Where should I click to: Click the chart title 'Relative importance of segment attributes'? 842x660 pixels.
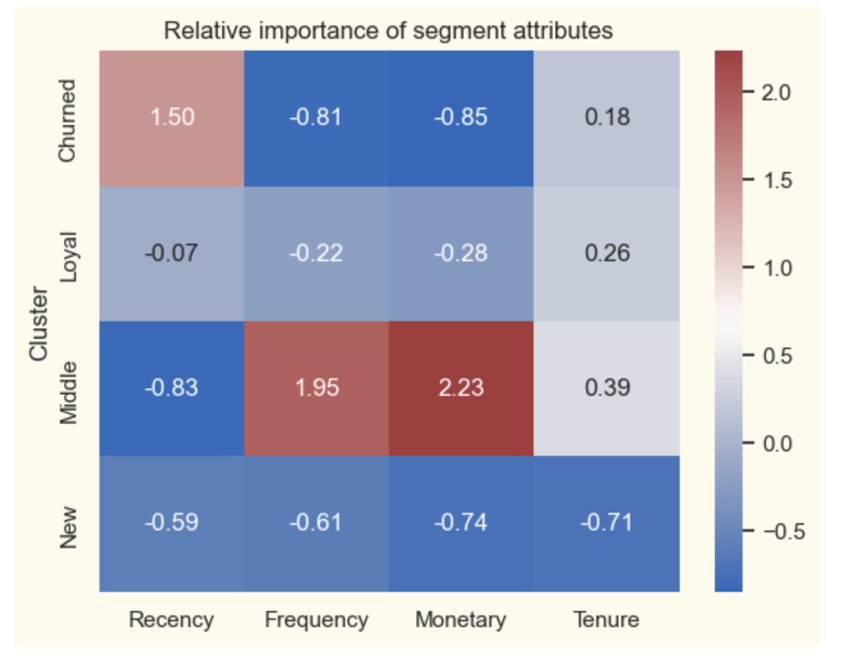tap(388, 31)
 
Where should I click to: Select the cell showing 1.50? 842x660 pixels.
tap(172, 117)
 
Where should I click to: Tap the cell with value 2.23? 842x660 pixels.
tap(461, 387)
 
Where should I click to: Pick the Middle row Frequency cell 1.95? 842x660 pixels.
tap(316, 387)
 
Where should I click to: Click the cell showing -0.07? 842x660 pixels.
tap(172, 252)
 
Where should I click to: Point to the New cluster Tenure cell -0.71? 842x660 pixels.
tap(607, 522)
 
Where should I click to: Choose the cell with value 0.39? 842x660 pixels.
tap(607, 387)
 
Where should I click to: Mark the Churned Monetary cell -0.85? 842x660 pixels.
tap(461, 117)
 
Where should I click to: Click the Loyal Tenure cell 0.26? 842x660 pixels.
tap(607, 252)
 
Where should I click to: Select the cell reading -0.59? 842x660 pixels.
tap(172, 522)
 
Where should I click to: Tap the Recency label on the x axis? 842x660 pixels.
tap(172, 620)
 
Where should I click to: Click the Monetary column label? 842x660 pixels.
tap(461, 620)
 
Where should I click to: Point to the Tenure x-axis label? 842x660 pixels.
tap(607, 620)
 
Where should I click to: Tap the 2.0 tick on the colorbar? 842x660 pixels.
tap(775, 94)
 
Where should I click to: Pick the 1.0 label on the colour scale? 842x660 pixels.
tap(775, 269)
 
